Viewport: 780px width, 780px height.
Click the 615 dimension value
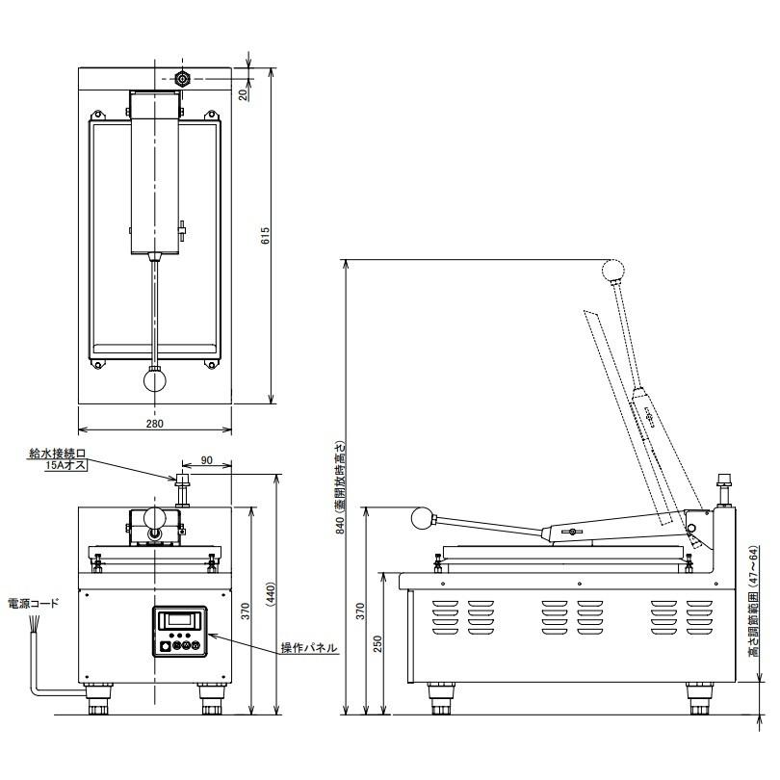click(x=266, y=235)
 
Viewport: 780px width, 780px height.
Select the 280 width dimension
click(x=155, y=424)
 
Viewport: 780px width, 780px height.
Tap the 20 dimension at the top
click(x=244, y=93)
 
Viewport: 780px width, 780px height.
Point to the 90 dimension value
click(x=206, y=460)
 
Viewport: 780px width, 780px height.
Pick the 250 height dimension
click(x=378, y=644)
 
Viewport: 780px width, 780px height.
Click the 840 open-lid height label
click(x=340, y=487)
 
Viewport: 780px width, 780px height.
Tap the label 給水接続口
click(x=58, y=454)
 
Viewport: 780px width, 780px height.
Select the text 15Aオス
click(x=65, y=465)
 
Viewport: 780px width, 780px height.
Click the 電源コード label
click(x=34, y=604)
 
